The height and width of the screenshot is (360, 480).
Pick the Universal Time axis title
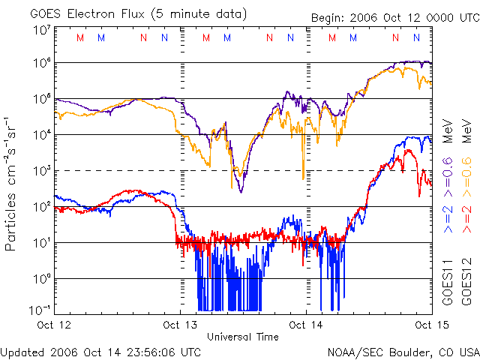(243, 337)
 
